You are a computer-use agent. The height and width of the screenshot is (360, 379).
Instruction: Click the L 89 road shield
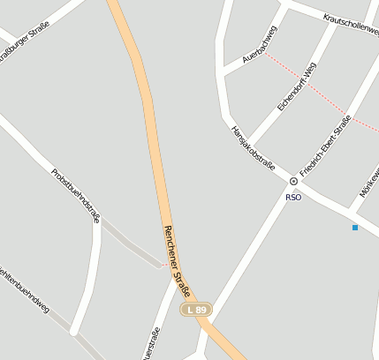point(196,310)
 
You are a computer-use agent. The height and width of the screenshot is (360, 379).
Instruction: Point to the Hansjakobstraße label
point(253,147)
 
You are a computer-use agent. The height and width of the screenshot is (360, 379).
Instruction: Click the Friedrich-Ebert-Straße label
point(325,146)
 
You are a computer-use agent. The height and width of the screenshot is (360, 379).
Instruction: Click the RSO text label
point(293,197)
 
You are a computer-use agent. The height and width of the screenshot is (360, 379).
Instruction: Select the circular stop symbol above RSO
point(293,181)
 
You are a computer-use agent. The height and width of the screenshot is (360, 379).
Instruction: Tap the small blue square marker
point(355,228)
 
